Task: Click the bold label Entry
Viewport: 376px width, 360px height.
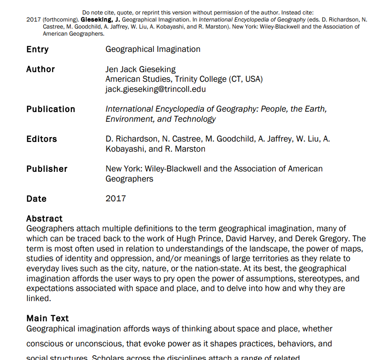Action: (x=37, y=49)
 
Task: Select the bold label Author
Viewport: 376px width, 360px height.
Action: (x=40, y=69)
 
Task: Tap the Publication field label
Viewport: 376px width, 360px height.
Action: (x=51, y=109)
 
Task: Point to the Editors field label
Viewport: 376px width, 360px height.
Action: (x=42, y=139)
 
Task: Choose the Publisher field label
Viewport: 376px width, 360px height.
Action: (x=47, y=169)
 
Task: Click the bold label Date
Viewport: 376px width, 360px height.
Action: (x=37, y=199)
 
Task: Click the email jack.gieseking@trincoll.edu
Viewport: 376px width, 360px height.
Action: (x=156, y=89)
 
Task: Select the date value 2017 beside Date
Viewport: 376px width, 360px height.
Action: (x=116, y=199)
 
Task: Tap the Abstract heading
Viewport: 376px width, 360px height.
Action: (x=44, y=218)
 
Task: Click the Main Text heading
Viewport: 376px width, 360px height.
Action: (x=47, y=318)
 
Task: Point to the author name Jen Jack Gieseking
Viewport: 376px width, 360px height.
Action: (x=140, y=69)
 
